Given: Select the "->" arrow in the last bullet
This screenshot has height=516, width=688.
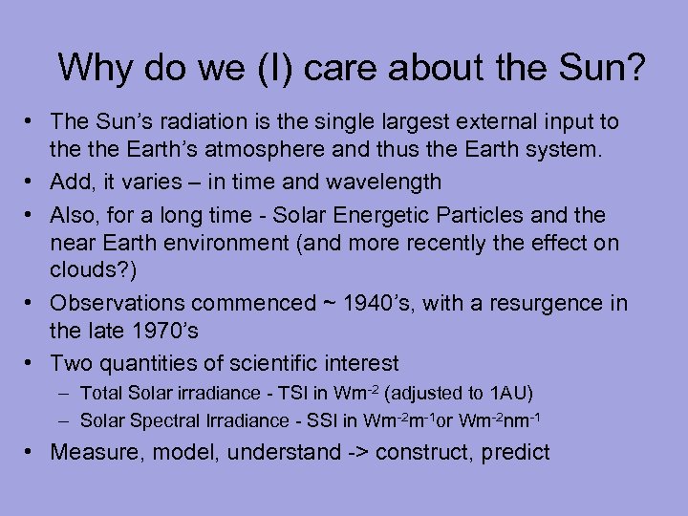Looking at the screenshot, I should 358,452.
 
